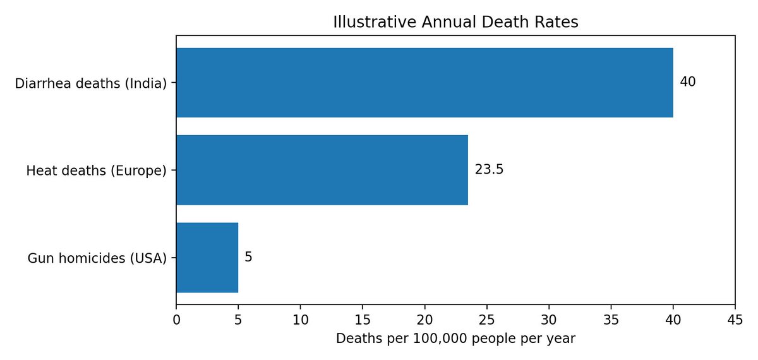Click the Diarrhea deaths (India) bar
(x=424, y=83)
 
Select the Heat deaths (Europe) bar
(x=322, y=170)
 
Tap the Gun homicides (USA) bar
(x=207, y=258)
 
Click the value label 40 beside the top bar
(x=688, y=82)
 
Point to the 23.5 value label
(x=489, y=169)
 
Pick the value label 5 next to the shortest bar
(x=248, y=257)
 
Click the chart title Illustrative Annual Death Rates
(x=455, y=22)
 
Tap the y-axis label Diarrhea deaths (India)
(x=91, y=83)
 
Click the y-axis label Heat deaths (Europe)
(x=97, y=171)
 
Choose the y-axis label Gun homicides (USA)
(x=97, y=258)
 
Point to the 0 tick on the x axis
(x=176, y=320)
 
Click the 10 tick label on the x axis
(x=301, y=320)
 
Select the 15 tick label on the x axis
(x=363, y=320)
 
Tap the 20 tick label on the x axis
(x=424, y=320)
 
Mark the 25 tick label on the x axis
(x=487, y=320)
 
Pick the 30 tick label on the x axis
(x=549, y=320)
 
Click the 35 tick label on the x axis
(x=611, y=320)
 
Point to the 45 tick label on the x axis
(x=735, y=320)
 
